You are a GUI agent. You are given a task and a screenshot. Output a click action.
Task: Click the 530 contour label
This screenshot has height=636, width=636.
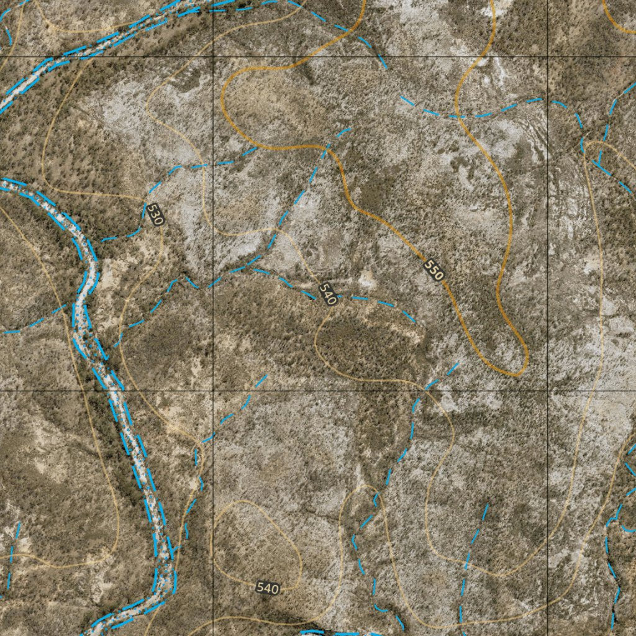click(x=155, y=215)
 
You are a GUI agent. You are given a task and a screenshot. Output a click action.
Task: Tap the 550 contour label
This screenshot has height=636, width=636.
click(x=434, y=270)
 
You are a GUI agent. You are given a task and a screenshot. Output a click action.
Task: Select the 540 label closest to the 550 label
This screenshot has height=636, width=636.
click(x=327, y=294)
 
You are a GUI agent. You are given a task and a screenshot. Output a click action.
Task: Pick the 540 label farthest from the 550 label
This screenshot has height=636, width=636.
click(x=267, y=588)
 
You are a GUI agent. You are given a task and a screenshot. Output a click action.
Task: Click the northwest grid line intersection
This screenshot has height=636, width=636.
click(x=213, y=57)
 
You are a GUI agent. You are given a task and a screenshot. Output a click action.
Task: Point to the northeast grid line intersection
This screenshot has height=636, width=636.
click(x=547, y=57)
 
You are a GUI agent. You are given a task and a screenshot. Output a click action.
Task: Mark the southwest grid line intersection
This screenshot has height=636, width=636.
click(x=213, y=391)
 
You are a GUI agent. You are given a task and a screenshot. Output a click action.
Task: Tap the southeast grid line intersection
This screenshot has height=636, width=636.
click(x=547, y=391)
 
